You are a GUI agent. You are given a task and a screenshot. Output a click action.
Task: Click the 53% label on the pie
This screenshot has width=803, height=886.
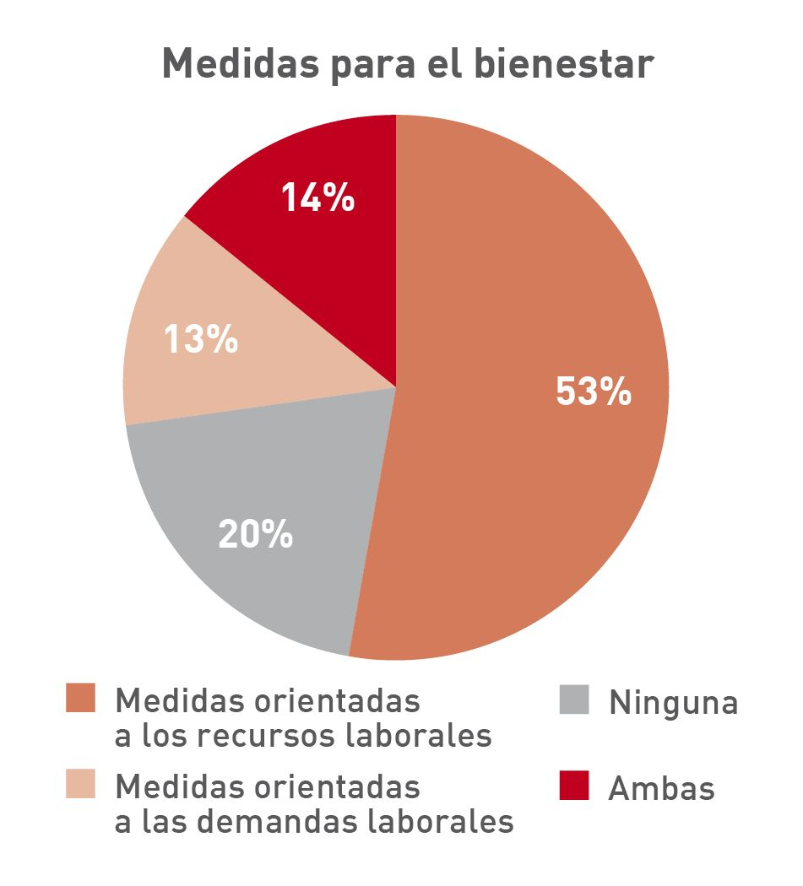[594, 392]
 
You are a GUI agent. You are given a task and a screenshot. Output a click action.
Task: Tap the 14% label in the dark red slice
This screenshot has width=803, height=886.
[317, 197]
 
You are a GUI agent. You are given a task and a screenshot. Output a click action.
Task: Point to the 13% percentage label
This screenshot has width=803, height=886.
[200, 339]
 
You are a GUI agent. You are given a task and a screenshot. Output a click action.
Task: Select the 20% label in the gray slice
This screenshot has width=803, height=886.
[255, 534]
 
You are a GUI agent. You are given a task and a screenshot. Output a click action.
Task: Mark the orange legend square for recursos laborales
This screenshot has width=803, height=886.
[80, 699]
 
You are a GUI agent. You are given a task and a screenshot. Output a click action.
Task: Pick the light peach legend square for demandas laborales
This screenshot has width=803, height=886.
[80, 785]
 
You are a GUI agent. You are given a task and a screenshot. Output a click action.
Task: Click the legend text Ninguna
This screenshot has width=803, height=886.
[673, 702]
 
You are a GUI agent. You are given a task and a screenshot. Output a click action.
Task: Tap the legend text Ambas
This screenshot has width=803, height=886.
[661, 788]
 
